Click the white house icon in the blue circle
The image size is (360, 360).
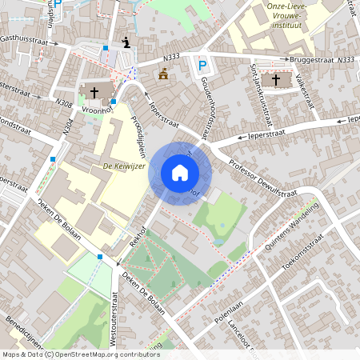click(179, 173)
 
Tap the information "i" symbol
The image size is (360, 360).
click(125, 42)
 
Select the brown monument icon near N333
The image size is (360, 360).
click(164, 74)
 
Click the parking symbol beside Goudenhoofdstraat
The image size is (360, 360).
click(202, 66)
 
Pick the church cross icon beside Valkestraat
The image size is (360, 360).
click(276, 79)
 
